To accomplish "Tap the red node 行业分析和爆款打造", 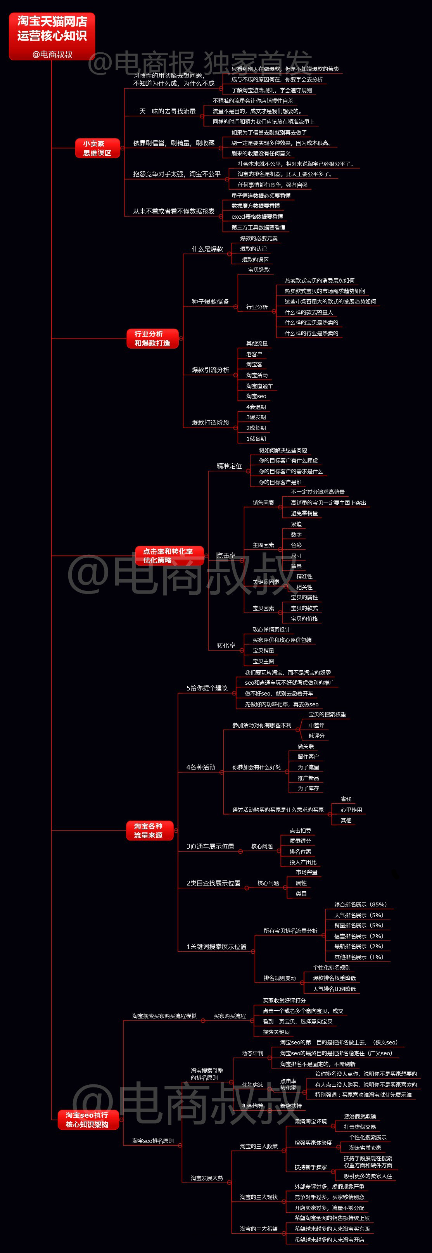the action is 152,338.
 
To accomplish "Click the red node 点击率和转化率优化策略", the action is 168,556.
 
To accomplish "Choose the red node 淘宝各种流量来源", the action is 149,830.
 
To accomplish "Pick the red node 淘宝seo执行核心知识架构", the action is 87,1120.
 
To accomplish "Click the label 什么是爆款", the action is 207,249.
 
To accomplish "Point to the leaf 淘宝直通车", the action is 259,386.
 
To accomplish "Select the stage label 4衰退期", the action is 256,407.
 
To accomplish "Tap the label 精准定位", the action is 229,466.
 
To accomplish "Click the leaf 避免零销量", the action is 304,513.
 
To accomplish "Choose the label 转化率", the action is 226,645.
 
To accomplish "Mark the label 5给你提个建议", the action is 207,688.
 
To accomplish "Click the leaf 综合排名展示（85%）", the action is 361,904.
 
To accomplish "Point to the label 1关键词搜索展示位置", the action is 216,947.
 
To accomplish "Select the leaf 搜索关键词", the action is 276,1032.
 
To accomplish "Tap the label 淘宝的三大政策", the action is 259,1146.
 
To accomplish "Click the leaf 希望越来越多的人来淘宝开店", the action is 329,1240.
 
